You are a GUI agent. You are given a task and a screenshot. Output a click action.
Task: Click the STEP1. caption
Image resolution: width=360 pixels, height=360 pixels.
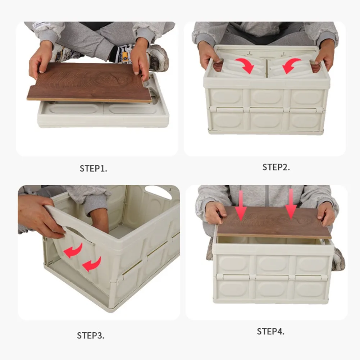tap(93, 168)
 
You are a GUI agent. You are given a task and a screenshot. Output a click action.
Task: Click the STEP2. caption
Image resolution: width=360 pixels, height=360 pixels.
tap(276, 167)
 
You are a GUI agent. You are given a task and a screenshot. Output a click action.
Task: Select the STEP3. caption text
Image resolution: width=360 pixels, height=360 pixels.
tap(91, 336)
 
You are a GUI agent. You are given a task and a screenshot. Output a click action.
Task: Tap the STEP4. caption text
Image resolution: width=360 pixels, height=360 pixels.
tap(270, 331)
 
